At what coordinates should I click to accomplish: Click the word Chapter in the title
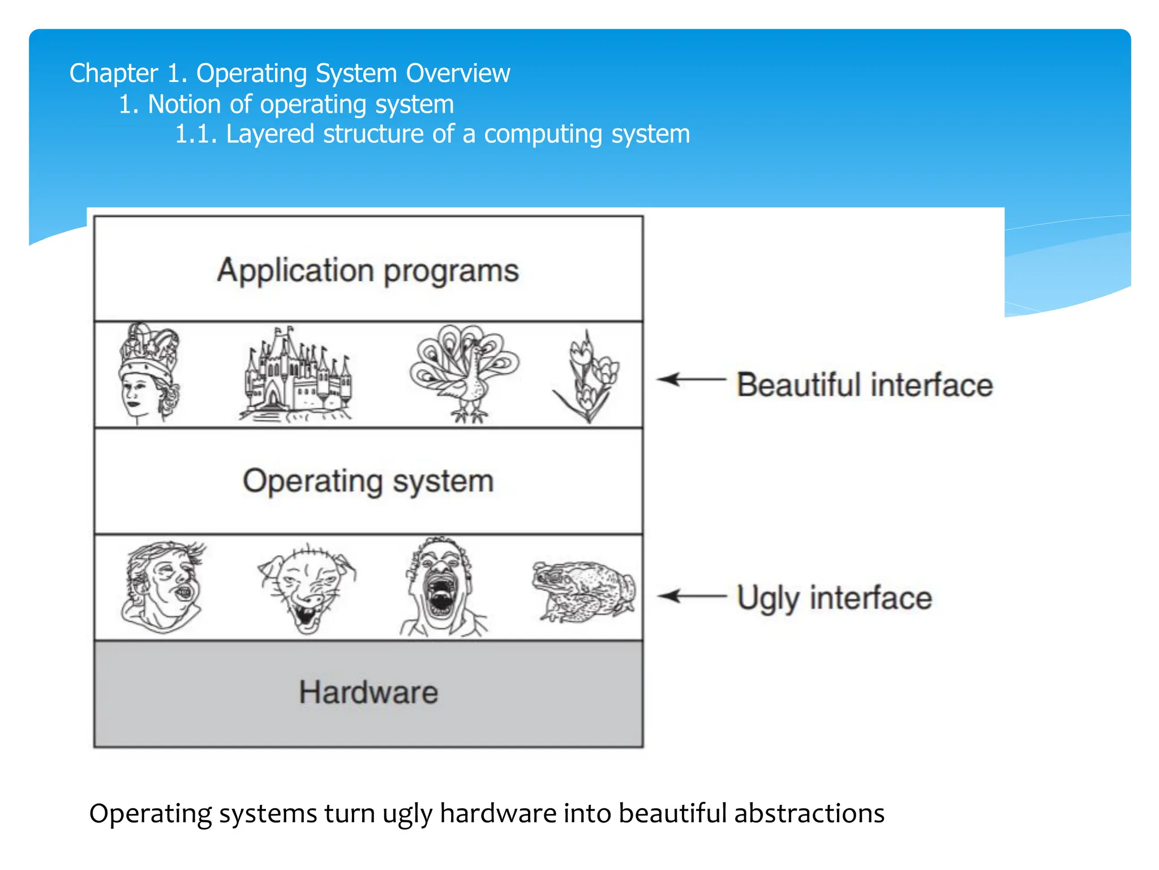pos(113,74)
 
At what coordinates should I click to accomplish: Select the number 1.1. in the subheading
pos(196,134)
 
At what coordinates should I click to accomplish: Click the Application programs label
pos(368,270)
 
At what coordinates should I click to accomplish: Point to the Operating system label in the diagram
pos(368,481)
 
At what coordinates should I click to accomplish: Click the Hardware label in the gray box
pos(368,692)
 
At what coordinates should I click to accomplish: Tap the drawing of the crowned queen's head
pos(149,374)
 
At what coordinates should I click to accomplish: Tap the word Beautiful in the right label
pos(800,385)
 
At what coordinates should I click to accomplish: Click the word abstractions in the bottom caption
pos(809,813)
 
